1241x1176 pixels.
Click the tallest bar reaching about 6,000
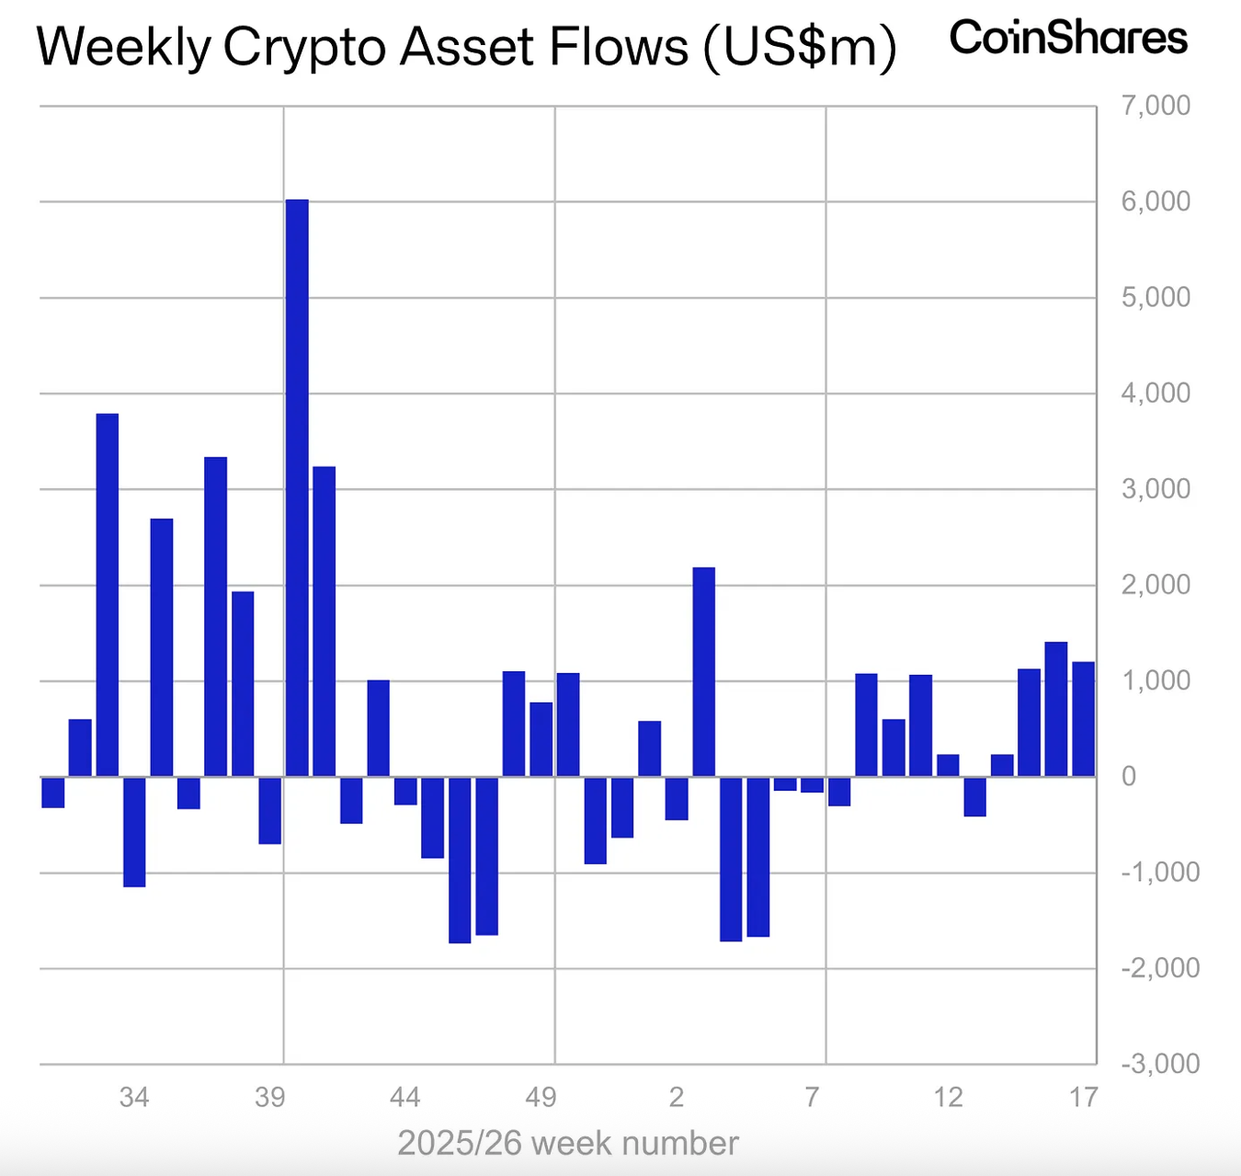297,487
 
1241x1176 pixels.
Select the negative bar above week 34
134,831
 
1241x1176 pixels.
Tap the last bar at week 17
1083,719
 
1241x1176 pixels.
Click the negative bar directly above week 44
405,791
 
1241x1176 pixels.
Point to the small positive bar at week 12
948,765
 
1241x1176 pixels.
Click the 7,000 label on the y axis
1156,106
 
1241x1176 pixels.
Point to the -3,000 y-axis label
1160,1064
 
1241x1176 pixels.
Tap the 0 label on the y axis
1129,776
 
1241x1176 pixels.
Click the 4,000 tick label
1156,394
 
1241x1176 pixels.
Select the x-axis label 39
269,1097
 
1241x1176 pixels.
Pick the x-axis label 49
541,1097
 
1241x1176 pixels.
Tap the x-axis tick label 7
812,1097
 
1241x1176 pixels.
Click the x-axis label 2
677,1097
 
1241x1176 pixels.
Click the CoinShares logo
1068,39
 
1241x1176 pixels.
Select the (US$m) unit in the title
800,48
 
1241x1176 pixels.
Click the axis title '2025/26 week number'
567,1143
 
